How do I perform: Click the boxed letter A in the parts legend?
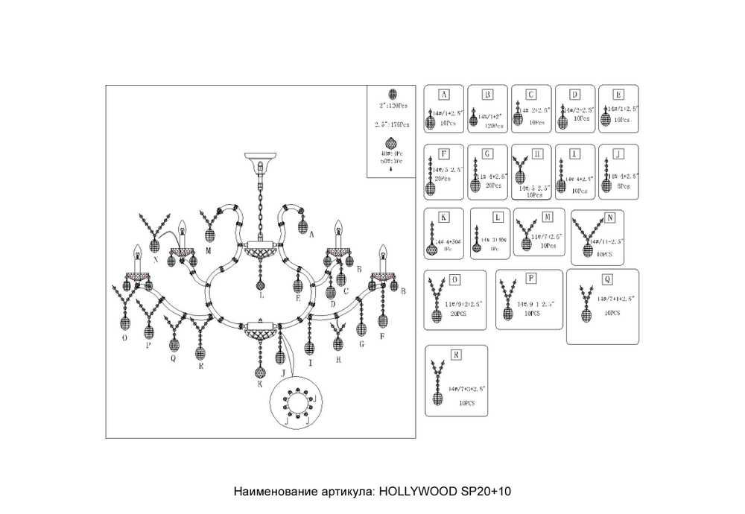click(x=443, y=95)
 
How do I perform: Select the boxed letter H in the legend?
click(x=538, y=153)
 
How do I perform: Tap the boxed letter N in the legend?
click(x=609, y=218)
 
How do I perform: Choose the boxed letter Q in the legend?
click(x=608, y=279)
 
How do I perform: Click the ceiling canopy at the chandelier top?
click(x=260, y=159)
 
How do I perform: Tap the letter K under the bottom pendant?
click(x=260, y=384)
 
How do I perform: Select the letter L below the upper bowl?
click(x=260, y=296)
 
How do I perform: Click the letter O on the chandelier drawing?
click(x=126, y=337)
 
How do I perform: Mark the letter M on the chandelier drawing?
click(x=209, y=251)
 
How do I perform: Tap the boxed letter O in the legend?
click(x=455, y=279)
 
